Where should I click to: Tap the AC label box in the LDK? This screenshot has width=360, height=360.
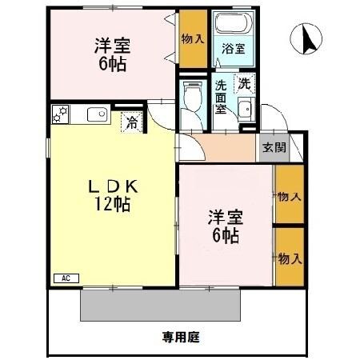[65, 278]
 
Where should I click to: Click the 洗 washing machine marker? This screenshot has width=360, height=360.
[241, 83]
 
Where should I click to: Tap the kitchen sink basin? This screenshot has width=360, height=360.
[96, 114]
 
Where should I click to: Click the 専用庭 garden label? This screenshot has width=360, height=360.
[181, 337]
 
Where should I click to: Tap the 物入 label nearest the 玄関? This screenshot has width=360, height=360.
[289, 195]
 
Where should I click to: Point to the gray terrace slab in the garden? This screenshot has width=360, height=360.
[161, 304]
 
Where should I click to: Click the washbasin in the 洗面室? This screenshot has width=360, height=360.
[246, 110]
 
